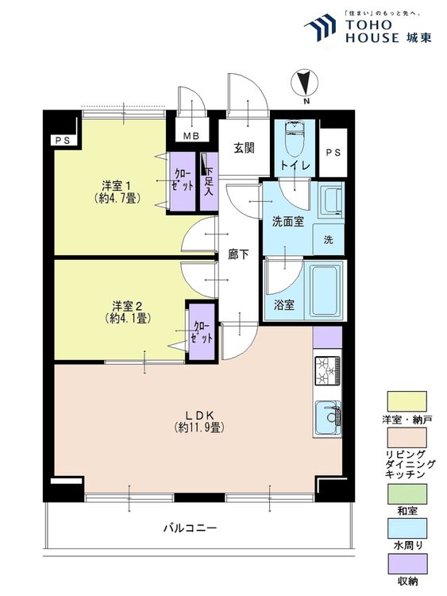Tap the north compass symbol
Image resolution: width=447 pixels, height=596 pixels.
[304, 83]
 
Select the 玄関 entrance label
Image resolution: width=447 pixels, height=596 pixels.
[244, 148]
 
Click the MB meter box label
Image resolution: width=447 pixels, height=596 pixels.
[191, 135]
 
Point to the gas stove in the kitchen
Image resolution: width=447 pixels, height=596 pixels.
[327, 370]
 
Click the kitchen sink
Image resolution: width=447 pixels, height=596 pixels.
[327, 417]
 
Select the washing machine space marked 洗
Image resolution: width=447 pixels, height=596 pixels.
[328, 239]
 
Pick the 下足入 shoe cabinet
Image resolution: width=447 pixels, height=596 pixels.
[209, 181]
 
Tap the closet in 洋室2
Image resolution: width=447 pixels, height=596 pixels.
[202, 331]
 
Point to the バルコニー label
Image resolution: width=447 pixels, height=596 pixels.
[190, 528]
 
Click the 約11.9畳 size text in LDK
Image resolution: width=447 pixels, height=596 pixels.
[199, 428]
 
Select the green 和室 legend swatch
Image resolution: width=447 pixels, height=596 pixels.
[407, 493]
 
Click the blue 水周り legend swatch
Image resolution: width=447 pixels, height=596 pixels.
[407, 528]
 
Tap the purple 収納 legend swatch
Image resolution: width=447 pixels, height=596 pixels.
[407, 563]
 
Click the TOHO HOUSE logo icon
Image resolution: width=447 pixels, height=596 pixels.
[321, 27]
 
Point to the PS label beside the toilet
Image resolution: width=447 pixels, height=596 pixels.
[333, 153]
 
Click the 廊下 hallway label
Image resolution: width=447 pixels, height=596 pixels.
[238, 254]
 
